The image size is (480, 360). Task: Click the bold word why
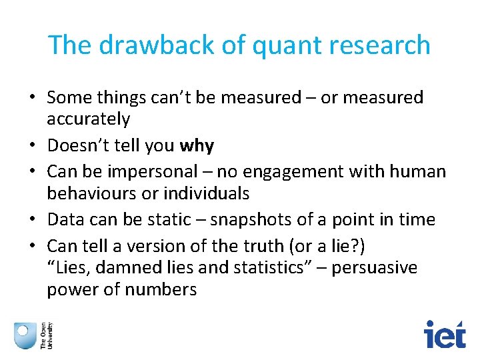pyautogui.click(x=197, y=145)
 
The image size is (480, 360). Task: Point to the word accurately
pyautogui.click(x=88, y=119)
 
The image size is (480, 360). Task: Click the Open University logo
pyautogui.click(x=33, y=334)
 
